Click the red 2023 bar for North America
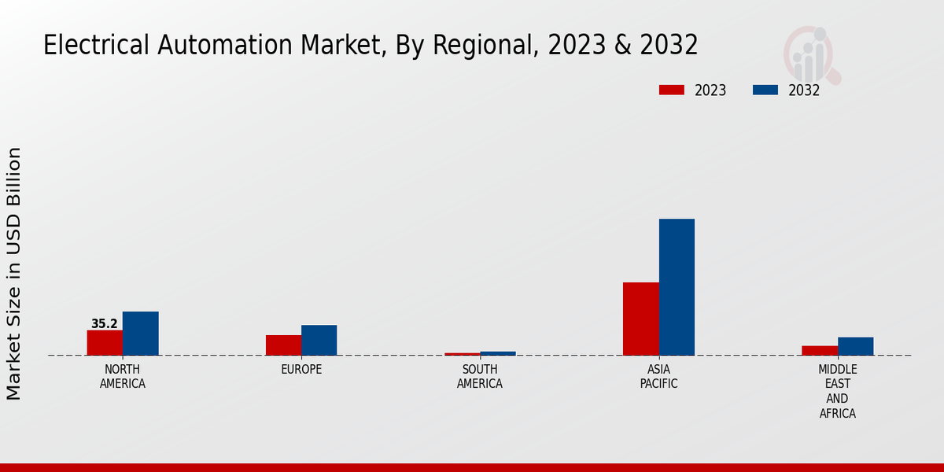click(x=105, y=343)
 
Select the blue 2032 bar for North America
click(x=140, y=334)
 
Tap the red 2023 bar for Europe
click(x=283, y=345)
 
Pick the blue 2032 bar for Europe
click(x=319, y=341)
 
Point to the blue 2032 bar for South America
click(x=498, y=353)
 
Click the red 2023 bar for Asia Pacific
click(x=640, y=319)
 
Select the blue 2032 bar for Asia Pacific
click(x=677, y=287)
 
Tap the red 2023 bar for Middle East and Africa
click(x=820, y=351)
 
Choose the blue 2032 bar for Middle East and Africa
click(x=855, y=346)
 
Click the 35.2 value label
click(x=104, y=324)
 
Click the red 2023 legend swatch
click(x=671, y=90)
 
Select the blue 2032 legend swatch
click(x=765, y=90)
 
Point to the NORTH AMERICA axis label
click(x=123, y=377)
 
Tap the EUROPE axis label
click(x=301, y=370)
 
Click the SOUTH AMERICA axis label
click(x=480, y=377)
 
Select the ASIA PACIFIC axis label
click(x=658, y=377)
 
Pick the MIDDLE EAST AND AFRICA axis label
click(x=837, y=391)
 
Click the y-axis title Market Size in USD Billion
click(x=14, y=273)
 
